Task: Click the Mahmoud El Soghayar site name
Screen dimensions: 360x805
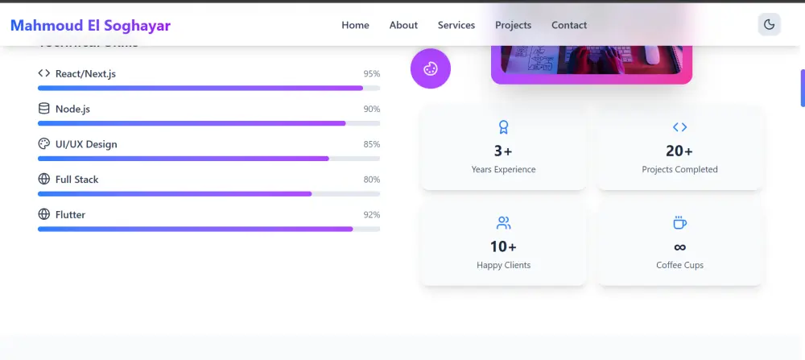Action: click(90, 25)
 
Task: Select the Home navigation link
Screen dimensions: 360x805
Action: click(355, 25)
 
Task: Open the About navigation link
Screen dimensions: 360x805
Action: click(403, 25)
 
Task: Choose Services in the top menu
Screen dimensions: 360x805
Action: click(456, 25)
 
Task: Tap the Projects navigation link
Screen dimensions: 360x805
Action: click(513, 25)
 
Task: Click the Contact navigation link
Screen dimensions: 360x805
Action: click(569, 25)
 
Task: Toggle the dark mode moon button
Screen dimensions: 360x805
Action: click(769, 25)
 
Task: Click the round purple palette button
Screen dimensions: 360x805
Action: click(431, 68)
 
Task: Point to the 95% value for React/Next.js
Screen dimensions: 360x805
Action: click(371, 74)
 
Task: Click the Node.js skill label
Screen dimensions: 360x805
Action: click(72, 109)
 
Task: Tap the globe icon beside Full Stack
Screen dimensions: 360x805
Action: click(44, 179)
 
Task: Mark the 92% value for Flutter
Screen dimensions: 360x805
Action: click(371, 215)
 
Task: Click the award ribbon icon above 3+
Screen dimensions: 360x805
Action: click(503, 127)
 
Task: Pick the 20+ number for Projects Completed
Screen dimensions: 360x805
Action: click(679, 151)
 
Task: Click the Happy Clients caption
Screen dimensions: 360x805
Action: click(503, 265)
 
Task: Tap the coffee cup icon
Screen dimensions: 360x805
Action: click(679, 223)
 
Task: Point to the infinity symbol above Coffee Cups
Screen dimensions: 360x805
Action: click(679, 246)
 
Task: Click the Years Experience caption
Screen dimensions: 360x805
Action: click(503, 170)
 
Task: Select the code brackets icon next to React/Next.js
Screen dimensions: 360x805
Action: click(44, 73)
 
